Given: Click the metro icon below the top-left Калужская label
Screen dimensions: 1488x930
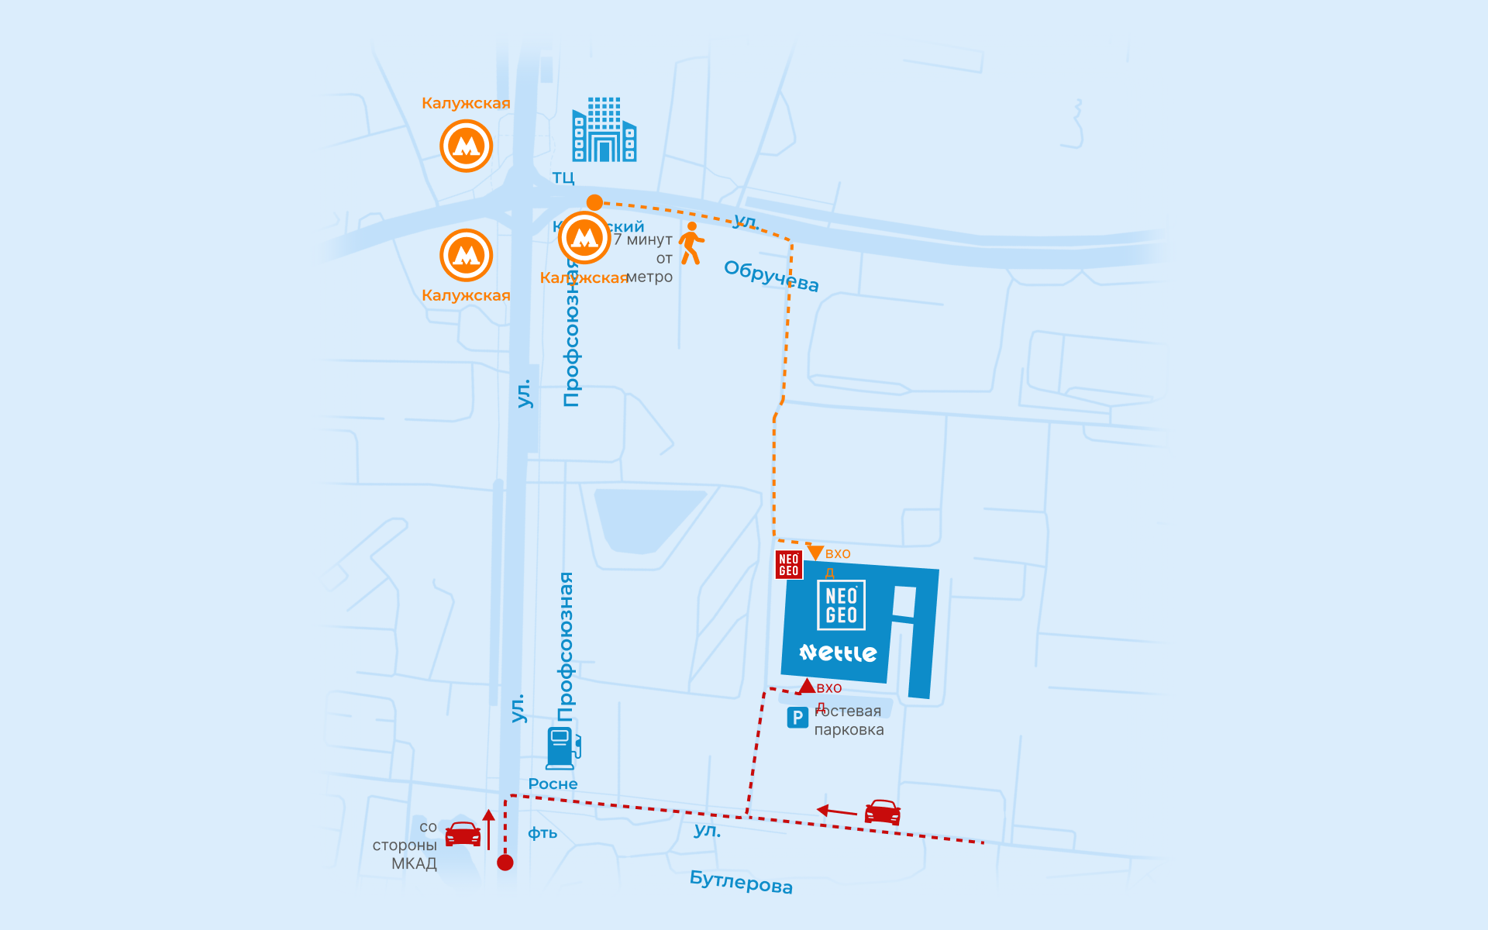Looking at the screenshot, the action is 466,146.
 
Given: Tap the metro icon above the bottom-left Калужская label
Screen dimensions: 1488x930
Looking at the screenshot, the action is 466,255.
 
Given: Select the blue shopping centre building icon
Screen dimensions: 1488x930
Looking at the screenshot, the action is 604,129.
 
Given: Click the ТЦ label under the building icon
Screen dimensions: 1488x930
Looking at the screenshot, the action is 563,177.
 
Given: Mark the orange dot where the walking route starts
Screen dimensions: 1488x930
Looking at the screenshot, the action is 594,202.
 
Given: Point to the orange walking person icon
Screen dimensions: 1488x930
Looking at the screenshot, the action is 691,243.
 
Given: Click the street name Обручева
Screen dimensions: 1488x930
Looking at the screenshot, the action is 771,276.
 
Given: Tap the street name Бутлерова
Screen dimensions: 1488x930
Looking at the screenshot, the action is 741,882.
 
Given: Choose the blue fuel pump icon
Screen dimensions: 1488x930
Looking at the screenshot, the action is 563,747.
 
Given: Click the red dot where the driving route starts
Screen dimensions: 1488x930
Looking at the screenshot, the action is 505,863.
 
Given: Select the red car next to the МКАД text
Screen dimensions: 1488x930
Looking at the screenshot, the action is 463,834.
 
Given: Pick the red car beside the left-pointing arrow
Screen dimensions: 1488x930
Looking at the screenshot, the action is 882,812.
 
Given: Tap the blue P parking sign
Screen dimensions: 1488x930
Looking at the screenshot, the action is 797,718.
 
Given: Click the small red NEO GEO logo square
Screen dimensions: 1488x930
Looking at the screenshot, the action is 789,565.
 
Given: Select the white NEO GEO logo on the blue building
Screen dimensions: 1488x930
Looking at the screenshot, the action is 842,605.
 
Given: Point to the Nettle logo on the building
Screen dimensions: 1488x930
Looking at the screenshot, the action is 838,653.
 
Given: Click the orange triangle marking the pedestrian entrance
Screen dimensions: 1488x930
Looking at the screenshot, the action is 815,552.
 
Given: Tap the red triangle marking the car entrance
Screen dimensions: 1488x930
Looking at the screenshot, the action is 807,686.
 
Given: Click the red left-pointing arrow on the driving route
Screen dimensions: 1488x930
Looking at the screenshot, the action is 836,811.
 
